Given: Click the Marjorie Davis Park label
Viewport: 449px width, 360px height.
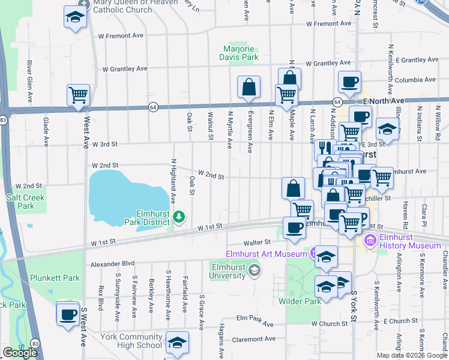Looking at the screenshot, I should click(241, 53).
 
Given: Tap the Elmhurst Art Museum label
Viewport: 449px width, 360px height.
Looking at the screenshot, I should click(267, 254).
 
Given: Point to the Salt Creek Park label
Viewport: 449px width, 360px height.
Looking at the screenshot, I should click(22, 201).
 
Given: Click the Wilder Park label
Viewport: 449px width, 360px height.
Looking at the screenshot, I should click(298, 301).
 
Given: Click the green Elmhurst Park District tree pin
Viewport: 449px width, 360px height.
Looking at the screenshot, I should click(178, 215).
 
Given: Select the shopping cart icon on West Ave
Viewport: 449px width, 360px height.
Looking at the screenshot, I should click(78, 95).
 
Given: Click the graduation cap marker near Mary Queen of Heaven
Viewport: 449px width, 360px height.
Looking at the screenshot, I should click(75, 17).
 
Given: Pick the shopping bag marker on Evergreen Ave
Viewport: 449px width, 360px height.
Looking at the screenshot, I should click(249, 88).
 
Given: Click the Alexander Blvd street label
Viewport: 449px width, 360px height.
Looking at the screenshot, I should click(112, 263).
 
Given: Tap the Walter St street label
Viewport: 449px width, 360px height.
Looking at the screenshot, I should click(259, 243).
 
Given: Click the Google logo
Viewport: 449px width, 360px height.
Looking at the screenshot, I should click(20, 353).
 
